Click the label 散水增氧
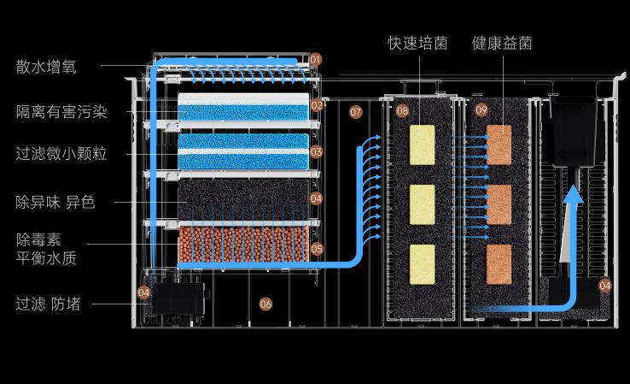[x=45, y=67]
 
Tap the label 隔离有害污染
[x=62, y=111]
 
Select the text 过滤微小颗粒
[x=62, y=155]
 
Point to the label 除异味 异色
[x=55, y=203]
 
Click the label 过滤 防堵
[x=48, y=303]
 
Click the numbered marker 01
[x=316, y=60]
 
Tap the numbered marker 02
[x=316, y=106]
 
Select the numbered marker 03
[x=316, y=152]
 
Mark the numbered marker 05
[x=316, y=249]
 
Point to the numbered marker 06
[x=265, y=304]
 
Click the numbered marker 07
[x=356, y=112]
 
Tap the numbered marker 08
[x=402, y=111]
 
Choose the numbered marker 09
[x=481, y=110]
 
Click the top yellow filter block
[x=423, y=144]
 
